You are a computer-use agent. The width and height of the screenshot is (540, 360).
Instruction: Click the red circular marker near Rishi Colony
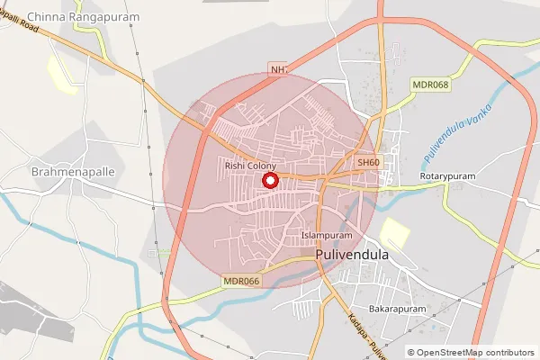pos(269,181)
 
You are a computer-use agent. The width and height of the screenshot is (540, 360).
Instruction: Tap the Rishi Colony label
pos(250,166)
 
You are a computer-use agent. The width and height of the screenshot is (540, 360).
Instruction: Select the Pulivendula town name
pos(353,255)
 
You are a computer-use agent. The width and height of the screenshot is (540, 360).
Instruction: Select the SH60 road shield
pos(369,162)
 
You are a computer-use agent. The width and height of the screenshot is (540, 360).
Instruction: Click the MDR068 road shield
pos(429,85)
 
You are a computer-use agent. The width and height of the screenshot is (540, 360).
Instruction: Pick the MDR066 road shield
pos(241,282)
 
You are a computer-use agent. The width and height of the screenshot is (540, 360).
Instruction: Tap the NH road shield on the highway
pos(277,69)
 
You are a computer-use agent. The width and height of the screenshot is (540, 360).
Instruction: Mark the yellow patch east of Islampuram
pos(394,233)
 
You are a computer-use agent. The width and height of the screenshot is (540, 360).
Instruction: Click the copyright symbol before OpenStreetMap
pos(411,352)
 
